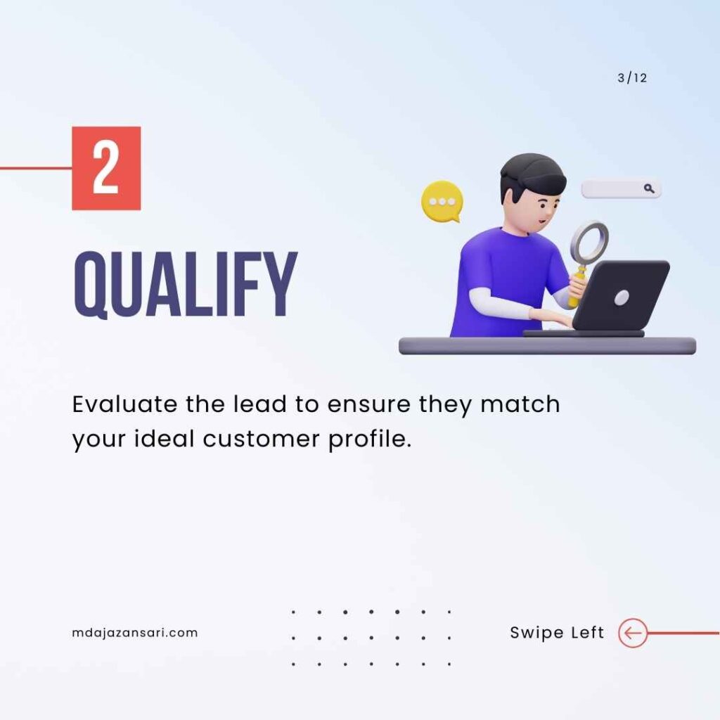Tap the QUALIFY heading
186,285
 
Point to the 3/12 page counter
632,78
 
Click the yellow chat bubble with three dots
442,202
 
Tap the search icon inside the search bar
649,188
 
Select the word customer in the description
261,439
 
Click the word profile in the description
370,439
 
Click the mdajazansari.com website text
135,633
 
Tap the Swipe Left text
557,633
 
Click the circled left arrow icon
633,633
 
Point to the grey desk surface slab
547,346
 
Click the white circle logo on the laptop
622,297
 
